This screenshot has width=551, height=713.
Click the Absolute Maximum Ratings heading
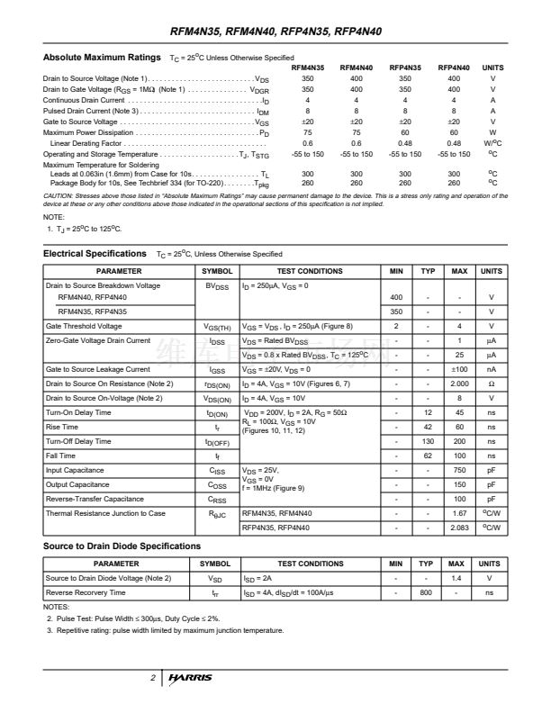pos(104,58)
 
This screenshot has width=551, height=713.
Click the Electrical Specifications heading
pos(95,254)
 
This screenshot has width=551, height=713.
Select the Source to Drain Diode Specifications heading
pos(122,546)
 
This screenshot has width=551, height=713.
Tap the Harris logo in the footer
pos(190,677)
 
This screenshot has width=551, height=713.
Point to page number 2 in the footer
pos(153,677)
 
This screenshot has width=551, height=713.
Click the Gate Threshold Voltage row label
pos(84,326)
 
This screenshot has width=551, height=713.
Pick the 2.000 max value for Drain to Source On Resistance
pos(459,384)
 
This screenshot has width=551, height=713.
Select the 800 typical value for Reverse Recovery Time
pos(428,592)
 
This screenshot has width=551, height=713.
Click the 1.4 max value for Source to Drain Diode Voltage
pos(456,578)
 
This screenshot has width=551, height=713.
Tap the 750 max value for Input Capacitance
pos(459,470)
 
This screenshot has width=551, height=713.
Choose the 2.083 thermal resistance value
pos(459,528)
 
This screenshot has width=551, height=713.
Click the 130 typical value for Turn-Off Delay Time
pos(428,441)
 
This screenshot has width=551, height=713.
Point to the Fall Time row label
pos(63,456)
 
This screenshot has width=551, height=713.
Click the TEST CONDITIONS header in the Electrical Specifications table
pos(310,270)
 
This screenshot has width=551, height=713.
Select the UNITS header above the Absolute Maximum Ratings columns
pos(492,68)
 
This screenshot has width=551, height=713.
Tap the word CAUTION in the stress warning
pos(59,195)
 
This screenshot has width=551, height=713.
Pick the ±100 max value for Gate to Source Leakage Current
pos(459,369)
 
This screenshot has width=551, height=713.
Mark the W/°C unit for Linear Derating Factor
pos(492,143)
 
